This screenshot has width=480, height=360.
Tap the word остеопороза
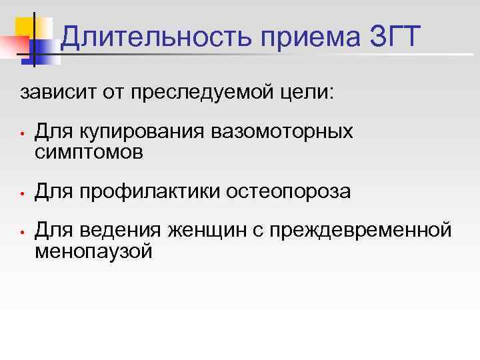click(x=289, y=191)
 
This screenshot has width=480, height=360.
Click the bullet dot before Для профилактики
click(x=22, y=194)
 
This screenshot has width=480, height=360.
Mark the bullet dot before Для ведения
click(x=22, y=233)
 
